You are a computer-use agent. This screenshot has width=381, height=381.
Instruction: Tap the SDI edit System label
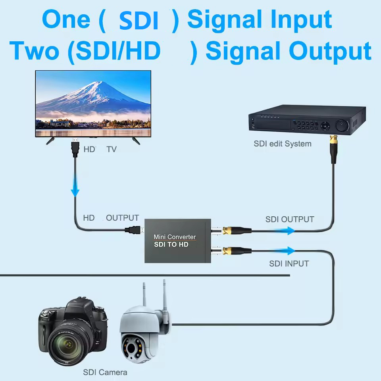coord(283,144)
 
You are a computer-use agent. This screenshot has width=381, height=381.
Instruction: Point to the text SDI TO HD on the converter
coord(171,245)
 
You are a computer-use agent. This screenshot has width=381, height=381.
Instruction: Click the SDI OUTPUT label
coord(290,219)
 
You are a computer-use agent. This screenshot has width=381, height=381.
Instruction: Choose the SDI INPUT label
coord(289,263)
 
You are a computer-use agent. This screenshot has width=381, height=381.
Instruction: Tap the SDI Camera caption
coord(105,372)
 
